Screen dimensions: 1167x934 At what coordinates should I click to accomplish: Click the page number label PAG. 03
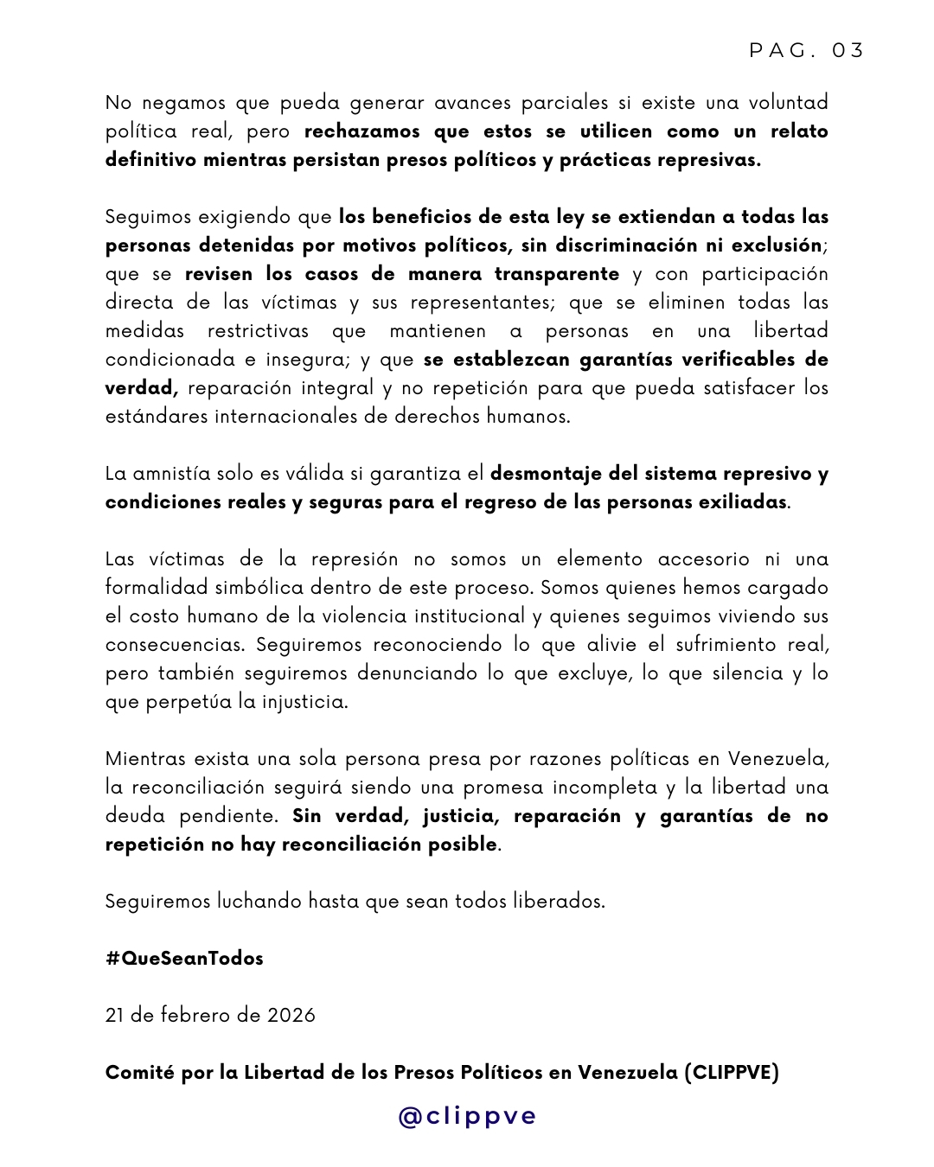(807, 50)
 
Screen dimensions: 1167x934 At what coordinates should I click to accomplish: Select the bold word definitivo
(150, 160)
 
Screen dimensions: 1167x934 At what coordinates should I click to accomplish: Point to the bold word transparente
(557, 274)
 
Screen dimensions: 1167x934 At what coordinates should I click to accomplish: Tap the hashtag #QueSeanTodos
(184, 959)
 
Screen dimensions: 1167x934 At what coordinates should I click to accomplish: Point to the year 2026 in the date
(291, 1016)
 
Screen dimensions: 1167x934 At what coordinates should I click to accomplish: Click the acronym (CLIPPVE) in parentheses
(732, 1073)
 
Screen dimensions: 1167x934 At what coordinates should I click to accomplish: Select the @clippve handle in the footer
(467, 1116)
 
